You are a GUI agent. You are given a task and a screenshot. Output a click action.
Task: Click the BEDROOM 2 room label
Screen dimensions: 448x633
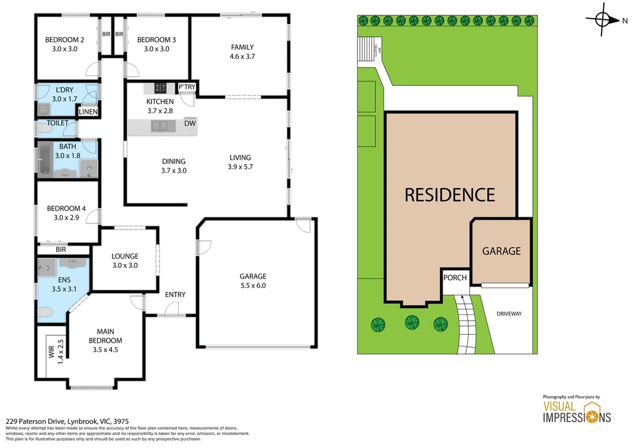pos(61,40)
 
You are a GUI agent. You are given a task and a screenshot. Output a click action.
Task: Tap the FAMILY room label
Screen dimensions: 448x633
pos(242,47)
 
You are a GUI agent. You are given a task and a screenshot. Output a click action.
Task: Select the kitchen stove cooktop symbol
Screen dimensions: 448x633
pos(161,88)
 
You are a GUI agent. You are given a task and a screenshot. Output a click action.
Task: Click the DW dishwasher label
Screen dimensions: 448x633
pos(190,123)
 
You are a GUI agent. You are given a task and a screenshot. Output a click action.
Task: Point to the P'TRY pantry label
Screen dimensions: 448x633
pos(187,88)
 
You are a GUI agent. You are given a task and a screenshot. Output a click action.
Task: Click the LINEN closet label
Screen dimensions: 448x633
pos(88,112)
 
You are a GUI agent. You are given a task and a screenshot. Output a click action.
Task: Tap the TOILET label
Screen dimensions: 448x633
pos(57,123)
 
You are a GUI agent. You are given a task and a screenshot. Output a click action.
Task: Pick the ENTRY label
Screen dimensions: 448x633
pos(175,295)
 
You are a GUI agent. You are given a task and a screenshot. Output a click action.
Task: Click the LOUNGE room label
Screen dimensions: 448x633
pos(125,256)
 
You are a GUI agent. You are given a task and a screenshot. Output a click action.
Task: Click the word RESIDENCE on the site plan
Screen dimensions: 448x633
pos(449,195)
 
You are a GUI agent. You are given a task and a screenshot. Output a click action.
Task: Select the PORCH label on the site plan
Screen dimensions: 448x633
pos(455,277)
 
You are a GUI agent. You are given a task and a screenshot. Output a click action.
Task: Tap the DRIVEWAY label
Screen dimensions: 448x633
pos(509,314)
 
